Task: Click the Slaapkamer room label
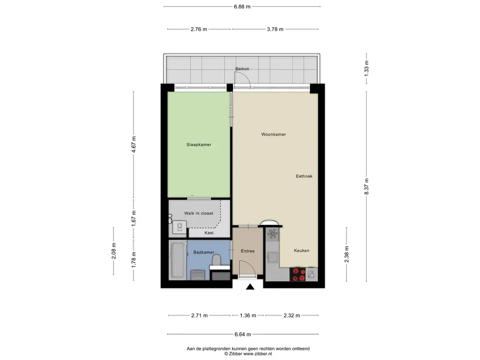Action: pos(199,145)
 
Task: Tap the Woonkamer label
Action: pos(274,135)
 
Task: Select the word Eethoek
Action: pos(304,177)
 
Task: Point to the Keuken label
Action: pos(301,251)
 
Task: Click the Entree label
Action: pos(247,251)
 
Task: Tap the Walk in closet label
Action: pos(199,213)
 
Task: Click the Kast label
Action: pos(209,233)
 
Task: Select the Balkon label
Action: pos(242,69)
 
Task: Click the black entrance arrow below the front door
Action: pos(250,287)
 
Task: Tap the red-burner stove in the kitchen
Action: pos(298,274)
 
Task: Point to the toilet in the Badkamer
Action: pos(216,260)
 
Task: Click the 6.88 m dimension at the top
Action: pos(242,6)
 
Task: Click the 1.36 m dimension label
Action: pos(247,315)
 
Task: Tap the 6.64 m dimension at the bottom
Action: pos(242,334)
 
